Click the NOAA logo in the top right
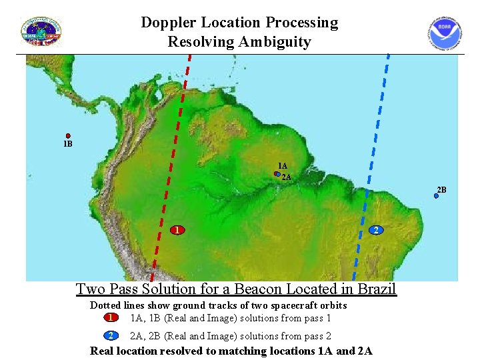(x=445, y=33)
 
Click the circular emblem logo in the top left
(x=41, y=32)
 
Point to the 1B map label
(x=67, y=144)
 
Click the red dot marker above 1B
(x=68, y=136)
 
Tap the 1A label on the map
(x=283, y=166)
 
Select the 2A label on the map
(x=287, y=177)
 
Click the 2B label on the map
(x=441, y=190)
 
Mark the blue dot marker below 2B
(x=437, y=197)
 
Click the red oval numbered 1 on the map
(x=177, y=231)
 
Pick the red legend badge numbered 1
(x=111, y=318)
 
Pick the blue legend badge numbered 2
(x=111, y=336)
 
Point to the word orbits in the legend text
(x=333, y=305)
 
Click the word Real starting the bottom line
(x=103, y=351)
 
